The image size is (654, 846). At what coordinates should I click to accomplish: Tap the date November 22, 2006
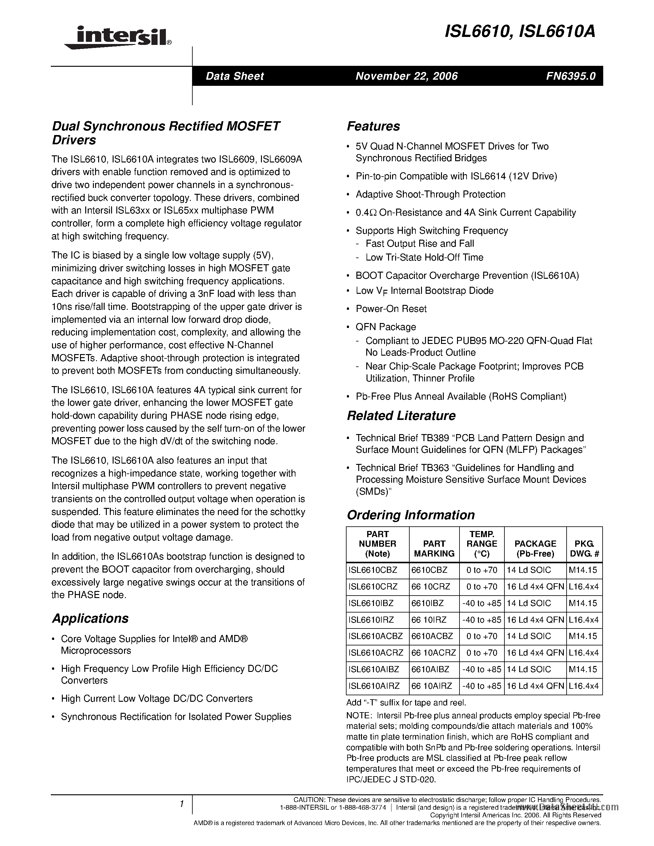point(407,76)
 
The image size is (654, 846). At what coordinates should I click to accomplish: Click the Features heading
point(373,126)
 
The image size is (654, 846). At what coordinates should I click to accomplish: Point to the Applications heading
point(90,618)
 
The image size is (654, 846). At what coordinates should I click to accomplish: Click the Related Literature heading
point(401,416)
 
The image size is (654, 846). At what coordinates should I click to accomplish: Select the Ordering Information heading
point(410,515)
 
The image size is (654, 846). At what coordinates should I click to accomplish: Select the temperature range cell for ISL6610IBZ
point(482,603)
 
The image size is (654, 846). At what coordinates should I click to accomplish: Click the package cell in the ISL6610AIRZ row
point(535,686)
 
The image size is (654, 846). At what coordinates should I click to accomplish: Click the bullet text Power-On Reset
point(391,309)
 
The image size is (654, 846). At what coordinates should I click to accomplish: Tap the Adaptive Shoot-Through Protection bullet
point(431,194)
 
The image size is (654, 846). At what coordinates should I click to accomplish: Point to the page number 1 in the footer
point(181,804)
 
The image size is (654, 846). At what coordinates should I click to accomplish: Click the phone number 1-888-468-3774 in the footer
point(362,808)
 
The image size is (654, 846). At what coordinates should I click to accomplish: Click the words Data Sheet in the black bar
point(235,76)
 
